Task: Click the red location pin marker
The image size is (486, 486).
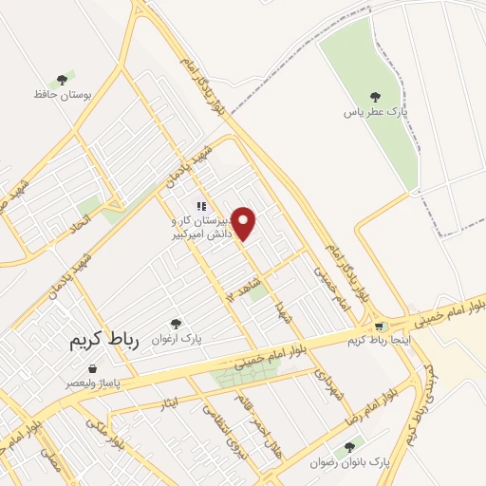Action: tap(245, 223)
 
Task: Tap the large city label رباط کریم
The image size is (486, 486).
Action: tap(103, 342)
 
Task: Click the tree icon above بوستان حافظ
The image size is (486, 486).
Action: tap(62, 80)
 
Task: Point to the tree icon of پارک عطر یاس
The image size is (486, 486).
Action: tap(375, 96)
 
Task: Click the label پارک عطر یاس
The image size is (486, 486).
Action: tap(376, 111)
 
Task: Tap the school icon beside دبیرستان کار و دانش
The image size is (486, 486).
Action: tap(200, 206)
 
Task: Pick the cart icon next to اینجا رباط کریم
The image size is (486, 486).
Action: tap(380, 326)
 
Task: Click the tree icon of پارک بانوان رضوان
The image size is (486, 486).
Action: tap(352, 445)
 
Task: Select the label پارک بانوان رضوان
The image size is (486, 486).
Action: tap(350, 462)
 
